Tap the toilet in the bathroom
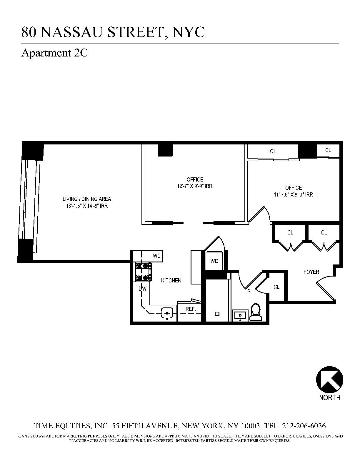click(256, 312)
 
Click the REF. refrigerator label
click(191, 309)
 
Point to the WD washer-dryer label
click(214, 261)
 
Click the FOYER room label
click(311, 272)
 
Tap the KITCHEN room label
click(171, 280)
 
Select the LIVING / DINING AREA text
click(87, 199)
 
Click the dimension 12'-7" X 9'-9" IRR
click(195, 186)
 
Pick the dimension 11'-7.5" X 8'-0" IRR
click(294, 194)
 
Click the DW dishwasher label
click(142, 289)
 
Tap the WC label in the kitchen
click(157, 256)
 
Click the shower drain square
click(217, 314)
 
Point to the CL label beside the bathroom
click(276, 287)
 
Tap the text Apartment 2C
click(54, 53)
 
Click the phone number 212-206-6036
click(304, 426)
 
